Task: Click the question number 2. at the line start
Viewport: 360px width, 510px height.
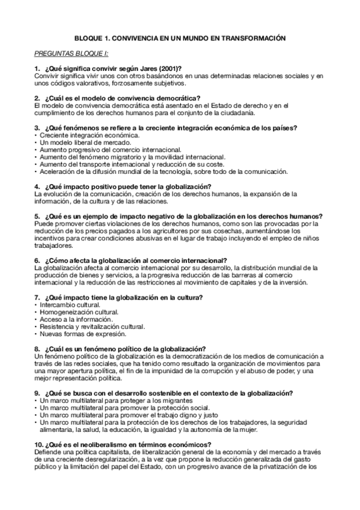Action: [x=37, y=98]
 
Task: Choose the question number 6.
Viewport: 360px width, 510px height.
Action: [x=37, y=260]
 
